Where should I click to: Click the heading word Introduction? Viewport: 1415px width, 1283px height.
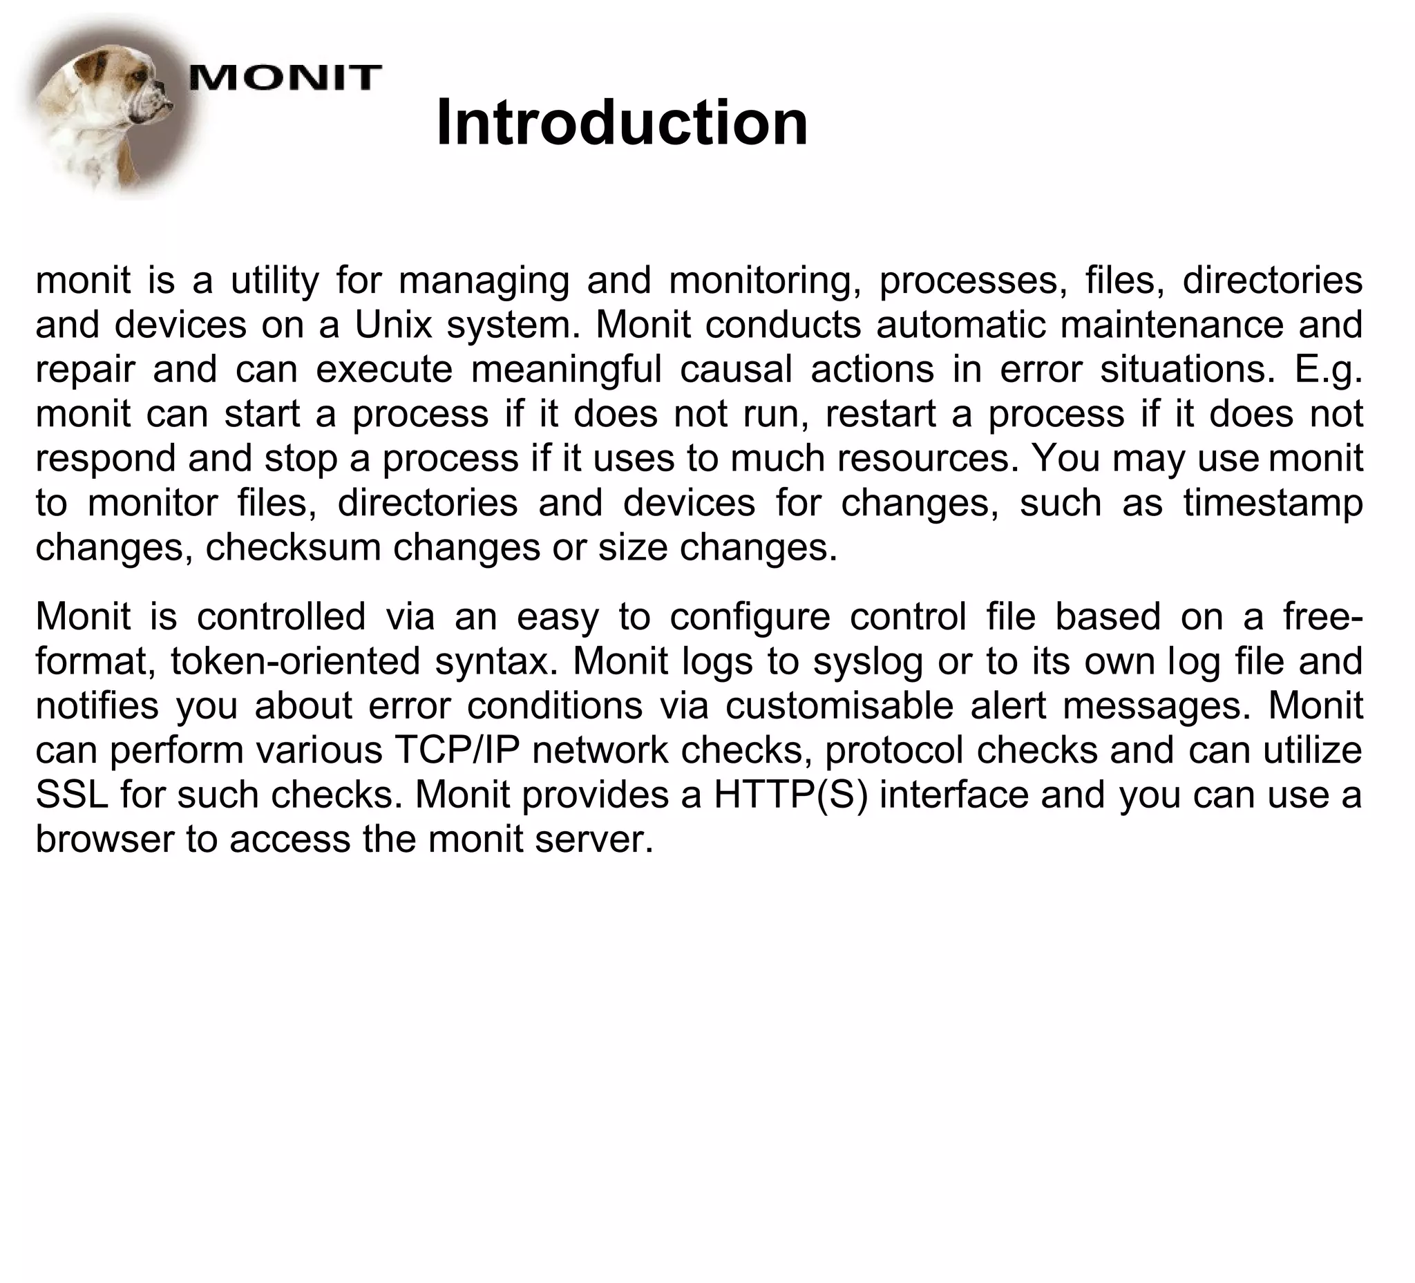622,124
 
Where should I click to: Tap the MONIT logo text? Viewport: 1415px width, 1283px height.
285,77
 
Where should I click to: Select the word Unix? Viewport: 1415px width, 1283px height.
393,325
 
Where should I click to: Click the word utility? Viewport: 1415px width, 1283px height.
274,281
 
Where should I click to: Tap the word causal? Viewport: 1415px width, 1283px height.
737,370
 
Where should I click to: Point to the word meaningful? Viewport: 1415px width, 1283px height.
567,370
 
